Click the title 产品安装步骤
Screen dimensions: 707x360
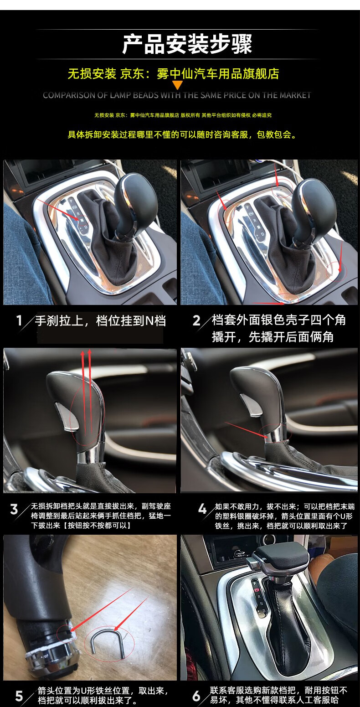pyautogui.click(x=187, y=44)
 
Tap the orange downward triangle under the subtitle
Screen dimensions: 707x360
pyautogui.click(x=177, y=85)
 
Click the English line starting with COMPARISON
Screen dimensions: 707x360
pyautogui.click(x=177, y=95)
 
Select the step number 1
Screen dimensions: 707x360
pyautogui.click(x=19, y=320)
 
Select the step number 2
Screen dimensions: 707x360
pyautogui.click(x=196, y=320)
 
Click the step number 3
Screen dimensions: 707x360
pyautogui.click(x=14, y=509)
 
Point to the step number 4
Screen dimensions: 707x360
pyautogui.click(x=202, y=509)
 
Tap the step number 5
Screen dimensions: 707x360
pyautogui.click(x=19, y=696)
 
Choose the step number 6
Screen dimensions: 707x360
pyautogui.click(x=196, y=696)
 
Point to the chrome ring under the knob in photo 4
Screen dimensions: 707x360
pyautogui.click(x=273, y=433)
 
